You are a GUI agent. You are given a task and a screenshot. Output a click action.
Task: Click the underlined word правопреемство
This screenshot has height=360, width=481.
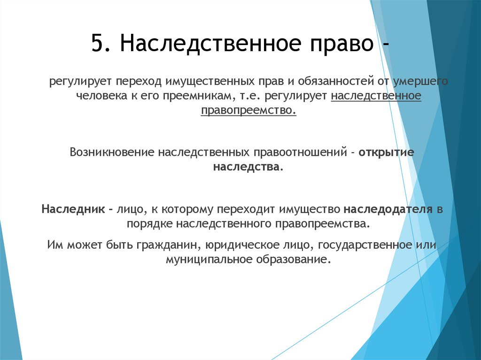[x=248, y=111]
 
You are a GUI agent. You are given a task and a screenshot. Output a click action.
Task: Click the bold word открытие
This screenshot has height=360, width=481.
[x=386, y=153]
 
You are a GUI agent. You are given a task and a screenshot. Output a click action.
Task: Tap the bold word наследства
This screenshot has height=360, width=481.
[x=247, y=167]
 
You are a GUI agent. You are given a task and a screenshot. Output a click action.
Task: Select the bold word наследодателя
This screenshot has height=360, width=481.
[x=388, y=209]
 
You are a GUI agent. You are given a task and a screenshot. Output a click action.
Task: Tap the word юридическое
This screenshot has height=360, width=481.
[x=250, y=245]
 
